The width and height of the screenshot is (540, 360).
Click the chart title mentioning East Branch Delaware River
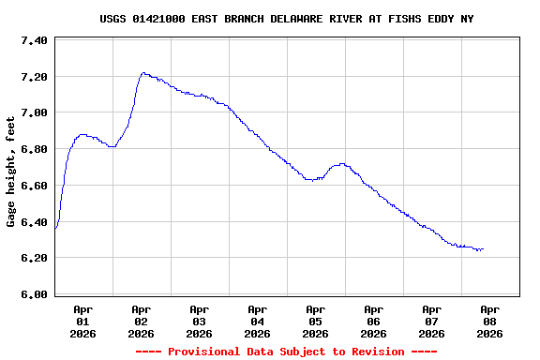pos(286,19)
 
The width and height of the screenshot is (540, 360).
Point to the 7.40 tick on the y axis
pos(34,40)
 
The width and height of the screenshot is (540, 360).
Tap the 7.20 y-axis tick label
pos(34,77)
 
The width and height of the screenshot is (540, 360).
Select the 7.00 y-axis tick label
pos(34,112)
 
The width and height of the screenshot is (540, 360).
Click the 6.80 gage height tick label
pos(34,149)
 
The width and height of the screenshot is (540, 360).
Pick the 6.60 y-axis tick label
pos(34,186)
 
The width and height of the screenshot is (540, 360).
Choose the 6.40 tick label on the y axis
pos(34,222)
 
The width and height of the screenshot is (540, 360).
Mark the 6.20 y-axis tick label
pos(34,258)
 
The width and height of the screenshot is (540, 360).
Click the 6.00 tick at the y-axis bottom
pos(34,294)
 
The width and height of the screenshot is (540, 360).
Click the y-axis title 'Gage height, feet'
pos(11,171)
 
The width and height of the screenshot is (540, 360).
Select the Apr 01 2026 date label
pos(82,321)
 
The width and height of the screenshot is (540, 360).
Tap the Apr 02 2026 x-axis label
pos(141,321)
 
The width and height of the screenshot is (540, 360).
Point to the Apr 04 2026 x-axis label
pos(257,321)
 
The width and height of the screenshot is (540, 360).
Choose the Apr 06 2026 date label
pos(373,321)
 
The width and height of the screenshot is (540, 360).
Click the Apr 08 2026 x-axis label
pos(489,321)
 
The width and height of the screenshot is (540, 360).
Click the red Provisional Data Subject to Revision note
pos(286,352)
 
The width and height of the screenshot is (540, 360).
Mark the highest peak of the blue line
pos(143,72)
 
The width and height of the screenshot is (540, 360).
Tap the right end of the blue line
pos(483,249)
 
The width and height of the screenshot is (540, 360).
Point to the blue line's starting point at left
pos(56,228)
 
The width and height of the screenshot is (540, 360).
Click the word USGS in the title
pos(114,19)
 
